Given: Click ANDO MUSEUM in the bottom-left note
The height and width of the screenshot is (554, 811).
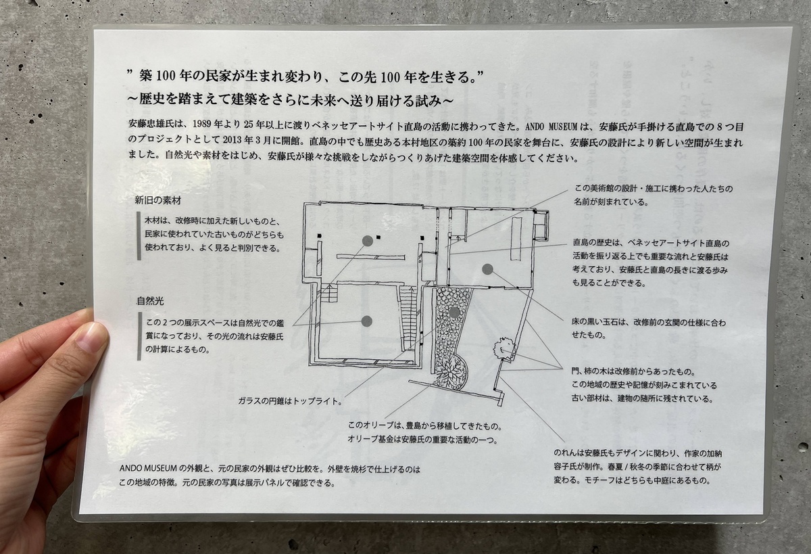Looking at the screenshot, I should tap(148, 468).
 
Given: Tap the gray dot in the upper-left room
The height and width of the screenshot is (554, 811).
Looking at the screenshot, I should tap(367, 241).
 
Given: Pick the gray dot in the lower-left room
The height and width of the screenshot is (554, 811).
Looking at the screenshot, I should tap(367, 322).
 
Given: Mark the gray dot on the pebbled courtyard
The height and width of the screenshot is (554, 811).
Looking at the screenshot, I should tap(454, 312).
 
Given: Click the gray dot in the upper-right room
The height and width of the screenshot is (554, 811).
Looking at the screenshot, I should tap(487, 269).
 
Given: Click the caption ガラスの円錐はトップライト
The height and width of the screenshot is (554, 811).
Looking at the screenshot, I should tap(289, 399).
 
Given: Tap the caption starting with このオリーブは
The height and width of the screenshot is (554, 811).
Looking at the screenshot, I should tap(426, 434).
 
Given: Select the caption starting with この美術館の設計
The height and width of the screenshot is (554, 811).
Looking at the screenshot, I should tap(652, 195).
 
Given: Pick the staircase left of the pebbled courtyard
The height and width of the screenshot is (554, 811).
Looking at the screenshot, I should tap(408, 317).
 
